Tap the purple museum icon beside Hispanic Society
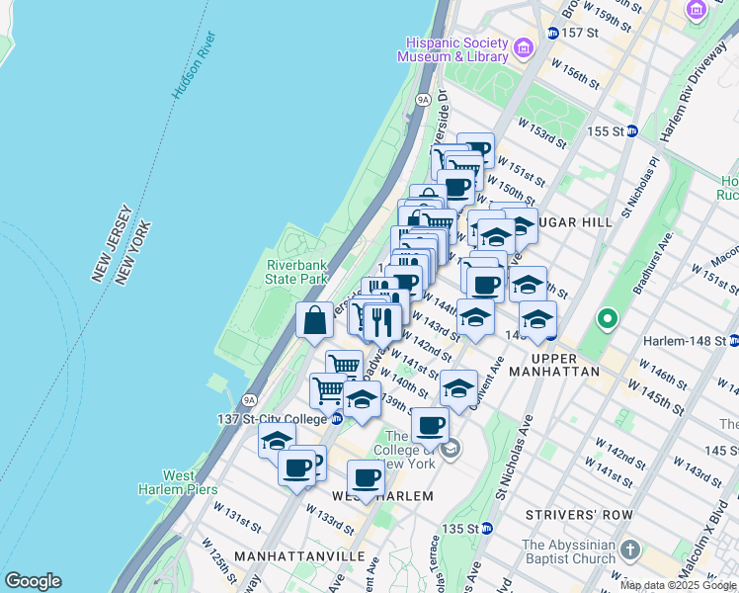pos(524,45)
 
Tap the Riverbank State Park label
pos(296,272)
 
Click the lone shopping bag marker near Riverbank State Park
pos(314,320)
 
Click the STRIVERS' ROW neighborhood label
pos(571,515)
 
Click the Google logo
pos(33,581)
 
